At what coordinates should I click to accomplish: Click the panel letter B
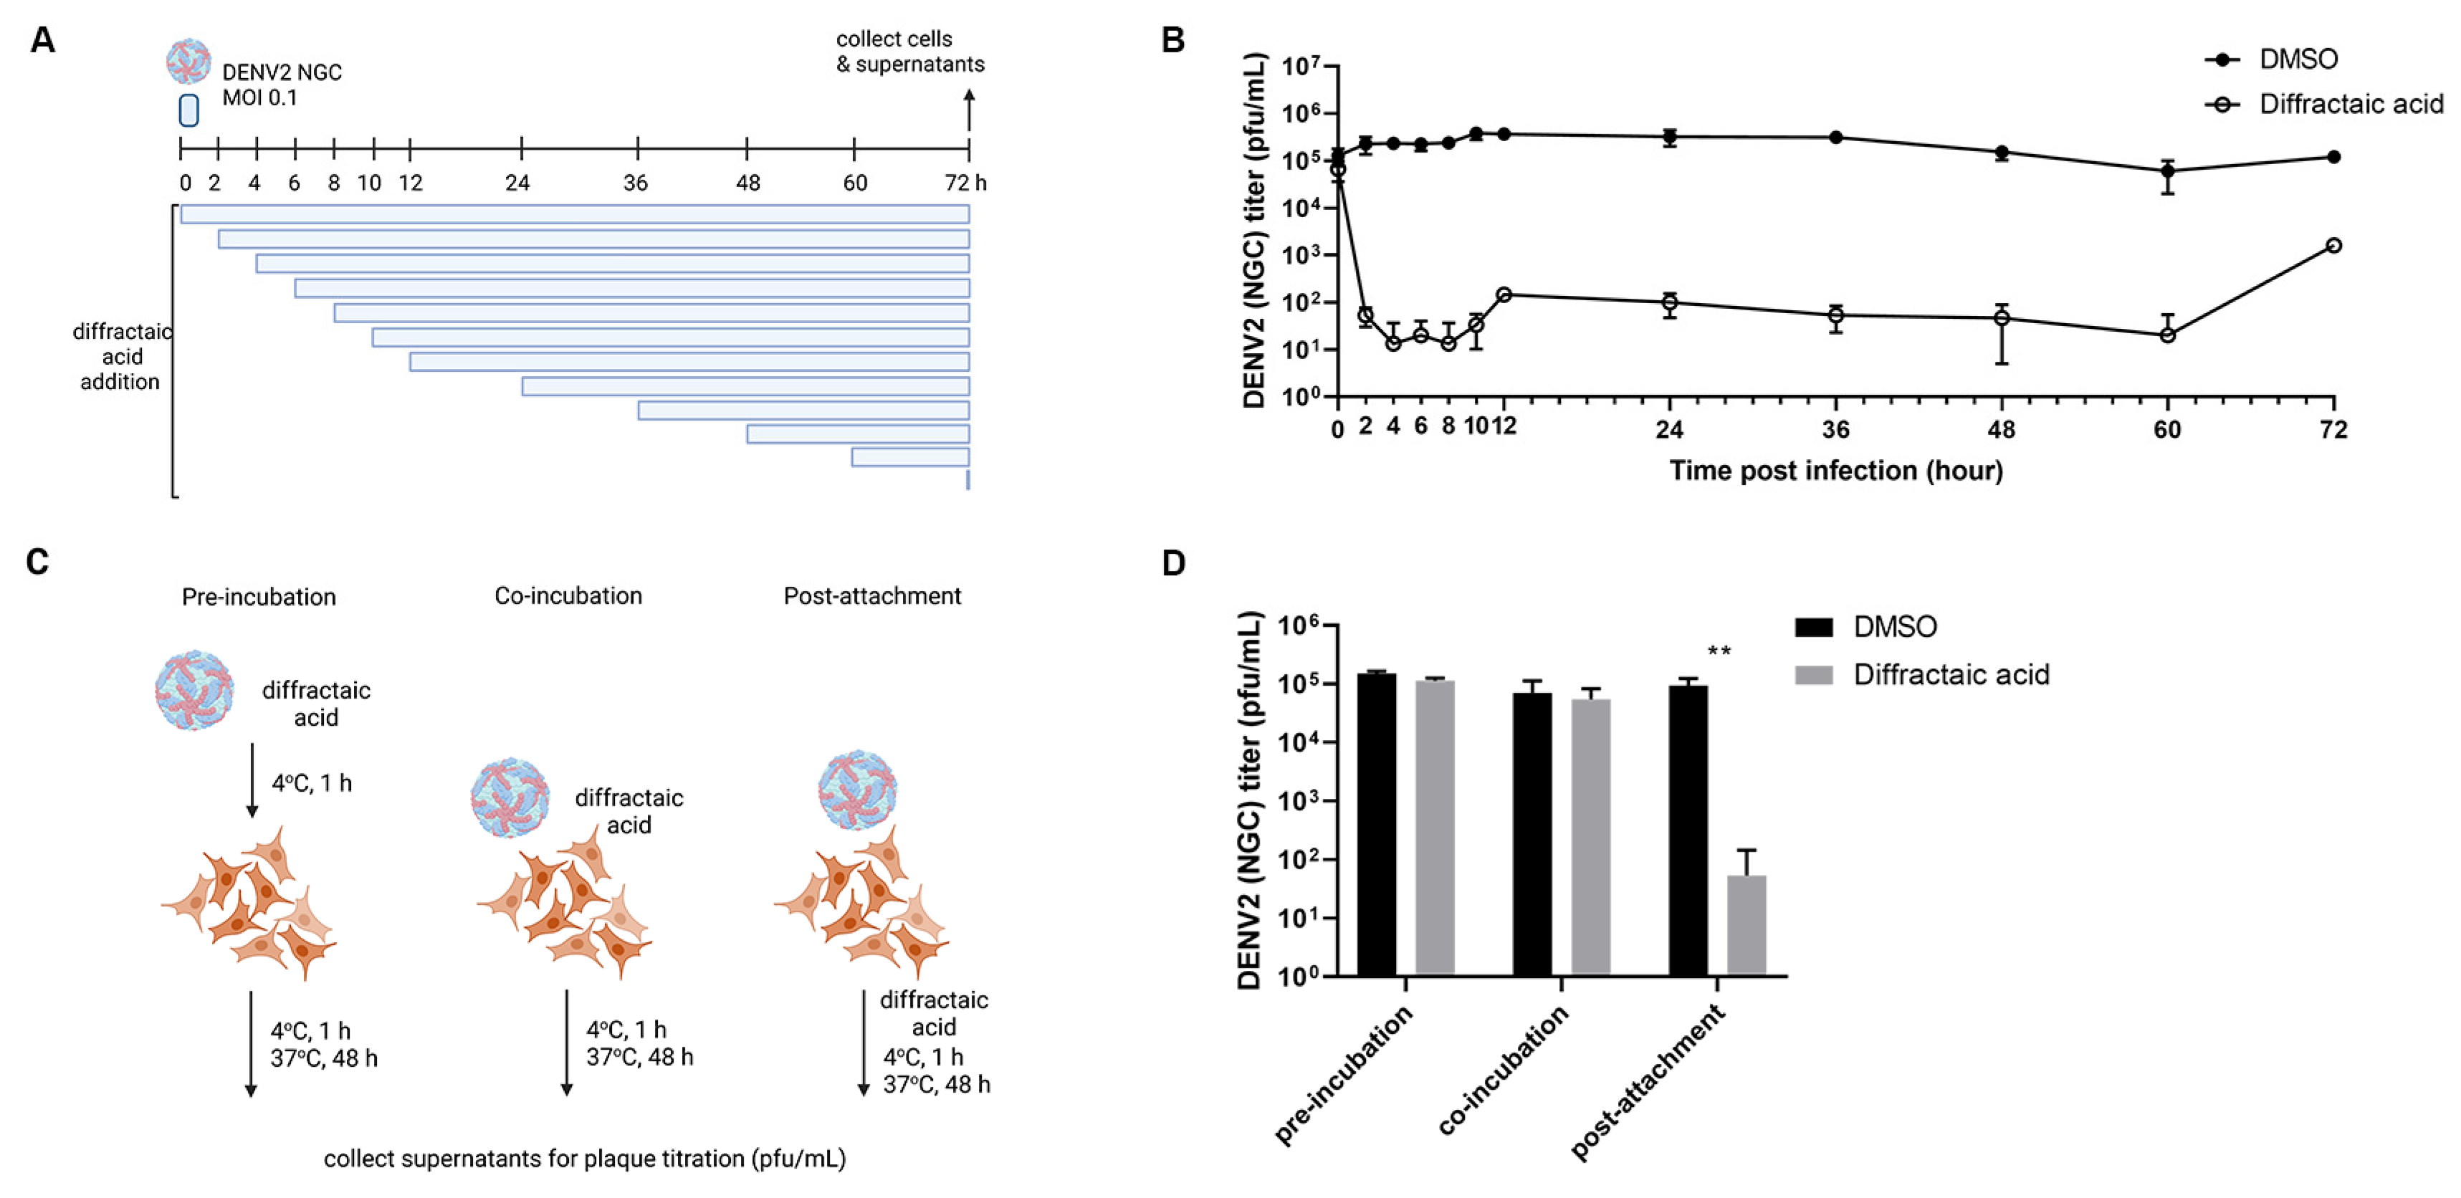click(x=1172, y=41)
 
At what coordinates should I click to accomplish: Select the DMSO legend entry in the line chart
click(x=2297, y=59)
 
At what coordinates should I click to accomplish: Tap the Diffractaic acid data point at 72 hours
click(x=2333, y=246)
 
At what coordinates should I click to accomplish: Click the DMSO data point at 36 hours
click(x=1835, y=138)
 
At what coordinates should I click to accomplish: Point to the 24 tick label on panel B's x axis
click(x=1669, y=429)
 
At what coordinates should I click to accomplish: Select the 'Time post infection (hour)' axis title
click(x=1835, y=471)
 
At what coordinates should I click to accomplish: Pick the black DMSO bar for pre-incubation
click(x=1376, y=823)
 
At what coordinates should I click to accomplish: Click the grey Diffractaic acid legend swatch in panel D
click(x=1813, y=676)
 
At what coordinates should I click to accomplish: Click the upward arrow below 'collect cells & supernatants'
click(x=969, y=110)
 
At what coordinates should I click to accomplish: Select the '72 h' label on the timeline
click(x=965, y=183)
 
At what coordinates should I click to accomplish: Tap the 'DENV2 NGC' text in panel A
click(x=282, y=72)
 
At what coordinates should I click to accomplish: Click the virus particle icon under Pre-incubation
click(x=195, y=690)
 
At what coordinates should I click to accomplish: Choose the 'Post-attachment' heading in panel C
click(x=871, y=596)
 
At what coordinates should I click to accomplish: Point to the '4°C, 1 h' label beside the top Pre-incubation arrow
click(x=312, y=783)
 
